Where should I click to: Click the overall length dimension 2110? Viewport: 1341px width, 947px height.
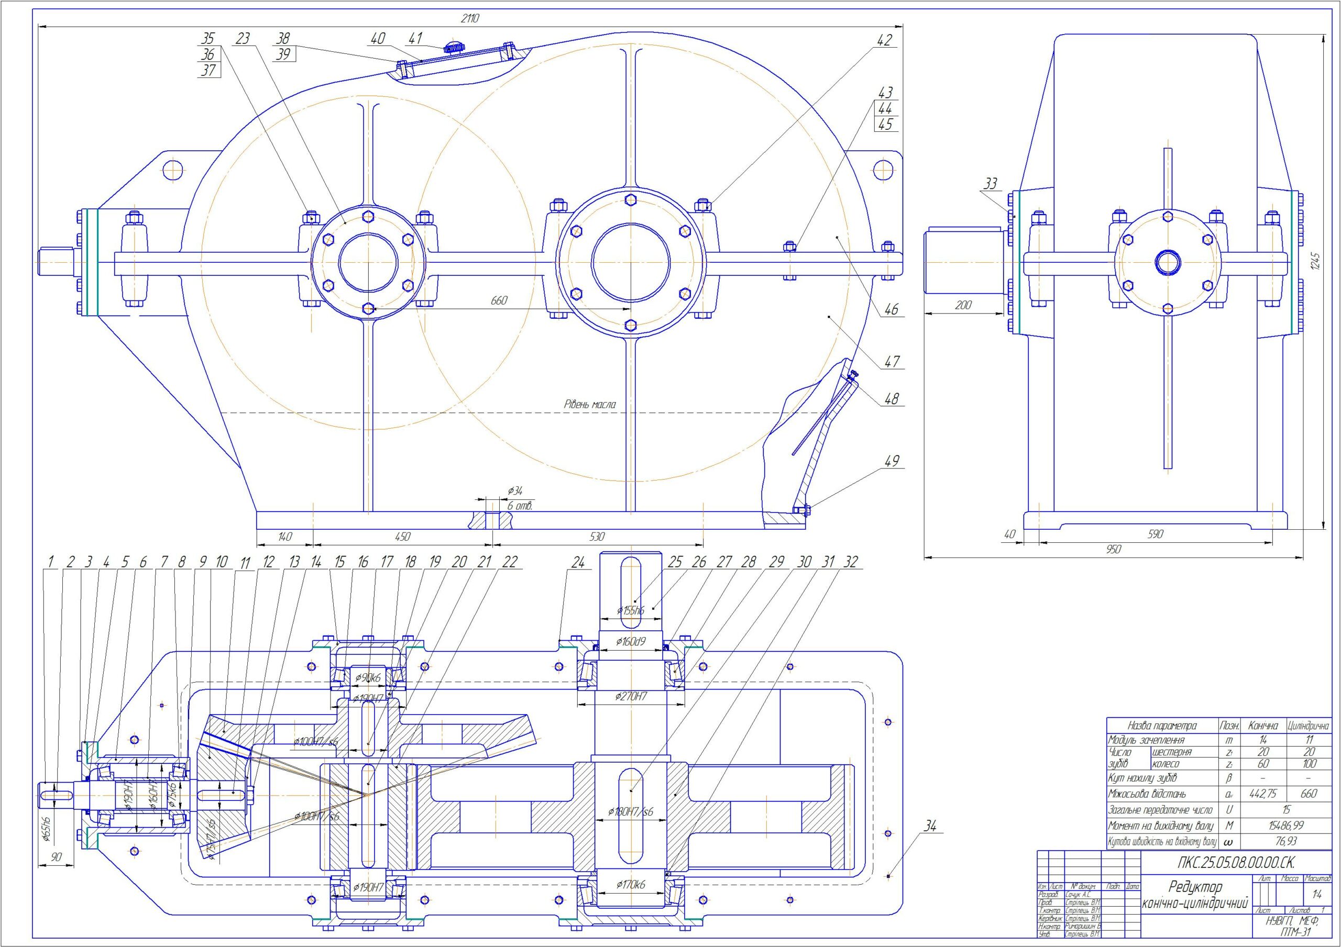pos(469,19)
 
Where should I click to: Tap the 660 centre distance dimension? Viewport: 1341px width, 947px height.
pos(499,300)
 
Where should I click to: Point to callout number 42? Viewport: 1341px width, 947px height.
pos(884,40)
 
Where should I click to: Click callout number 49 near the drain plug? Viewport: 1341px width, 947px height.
pos(891,461)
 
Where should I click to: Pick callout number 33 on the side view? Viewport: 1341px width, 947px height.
pos(990,184)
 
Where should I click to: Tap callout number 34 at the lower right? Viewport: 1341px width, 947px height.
pos(930,826)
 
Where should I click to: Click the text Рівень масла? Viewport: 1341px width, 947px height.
pos(589,404)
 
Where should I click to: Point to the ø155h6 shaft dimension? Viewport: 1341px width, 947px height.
pos(631,611)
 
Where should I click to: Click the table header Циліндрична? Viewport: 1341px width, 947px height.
pos(1309,726)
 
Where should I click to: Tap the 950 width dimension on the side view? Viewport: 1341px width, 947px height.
pos(1114,549)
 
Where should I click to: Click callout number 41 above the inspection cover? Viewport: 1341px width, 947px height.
pos(415,39)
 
